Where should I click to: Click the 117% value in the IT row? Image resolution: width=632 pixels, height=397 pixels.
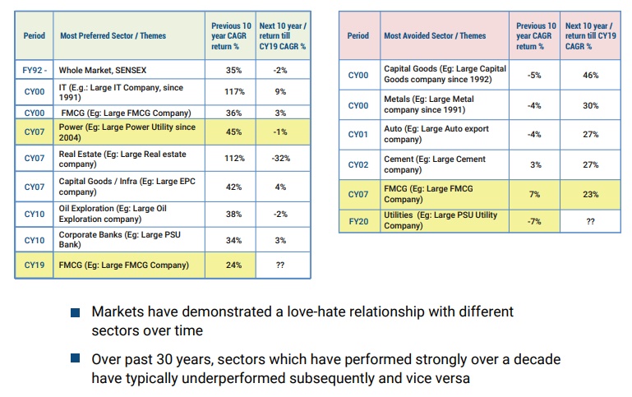[234, 92]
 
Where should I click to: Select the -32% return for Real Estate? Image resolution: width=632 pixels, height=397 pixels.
[281, 159]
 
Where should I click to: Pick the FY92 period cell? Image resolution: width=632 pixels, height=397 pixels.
[35, 71]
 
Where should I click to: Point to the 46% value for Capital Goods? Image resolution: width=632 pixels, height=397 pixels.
[590, 76]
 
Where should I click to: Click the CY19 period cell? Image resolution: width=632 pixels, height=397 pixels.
[35, 265]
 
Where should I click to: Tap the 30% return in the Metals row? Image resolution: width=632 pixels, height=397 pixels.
[590, 105]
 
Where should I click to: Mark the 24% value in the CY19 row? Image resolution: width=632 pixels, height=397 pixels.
[234, 265]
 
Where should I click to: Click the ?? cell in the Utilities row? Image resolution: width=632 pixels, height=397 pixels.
[590, 221]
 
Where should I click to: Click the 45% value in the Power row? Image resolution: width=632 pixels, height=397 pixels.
[234, 131]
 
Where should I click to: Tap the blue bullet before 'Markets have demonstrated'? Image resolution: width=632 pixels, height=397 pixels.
[76, 313]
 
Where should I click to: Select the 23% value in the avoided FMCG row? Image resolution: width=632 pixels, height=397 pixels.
[590, 195]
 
